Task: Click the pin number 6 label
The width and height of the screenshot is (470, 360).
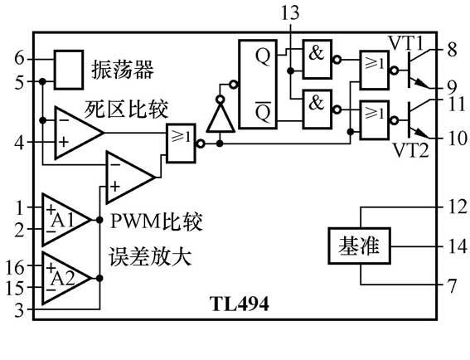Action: [19, 59]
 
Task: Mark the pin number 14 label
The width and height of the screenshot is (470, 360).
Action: [452, 246]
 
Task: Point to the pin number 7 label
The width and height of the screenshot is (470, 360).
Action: [452, 286]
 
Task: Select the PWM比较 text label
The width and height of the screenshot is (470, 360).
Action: [156, 221]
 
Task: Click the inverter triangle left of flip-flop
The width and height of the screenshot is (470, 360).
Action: [218, 116]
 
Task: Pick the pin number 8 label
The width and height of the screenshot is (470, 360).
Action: [452, 51]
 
